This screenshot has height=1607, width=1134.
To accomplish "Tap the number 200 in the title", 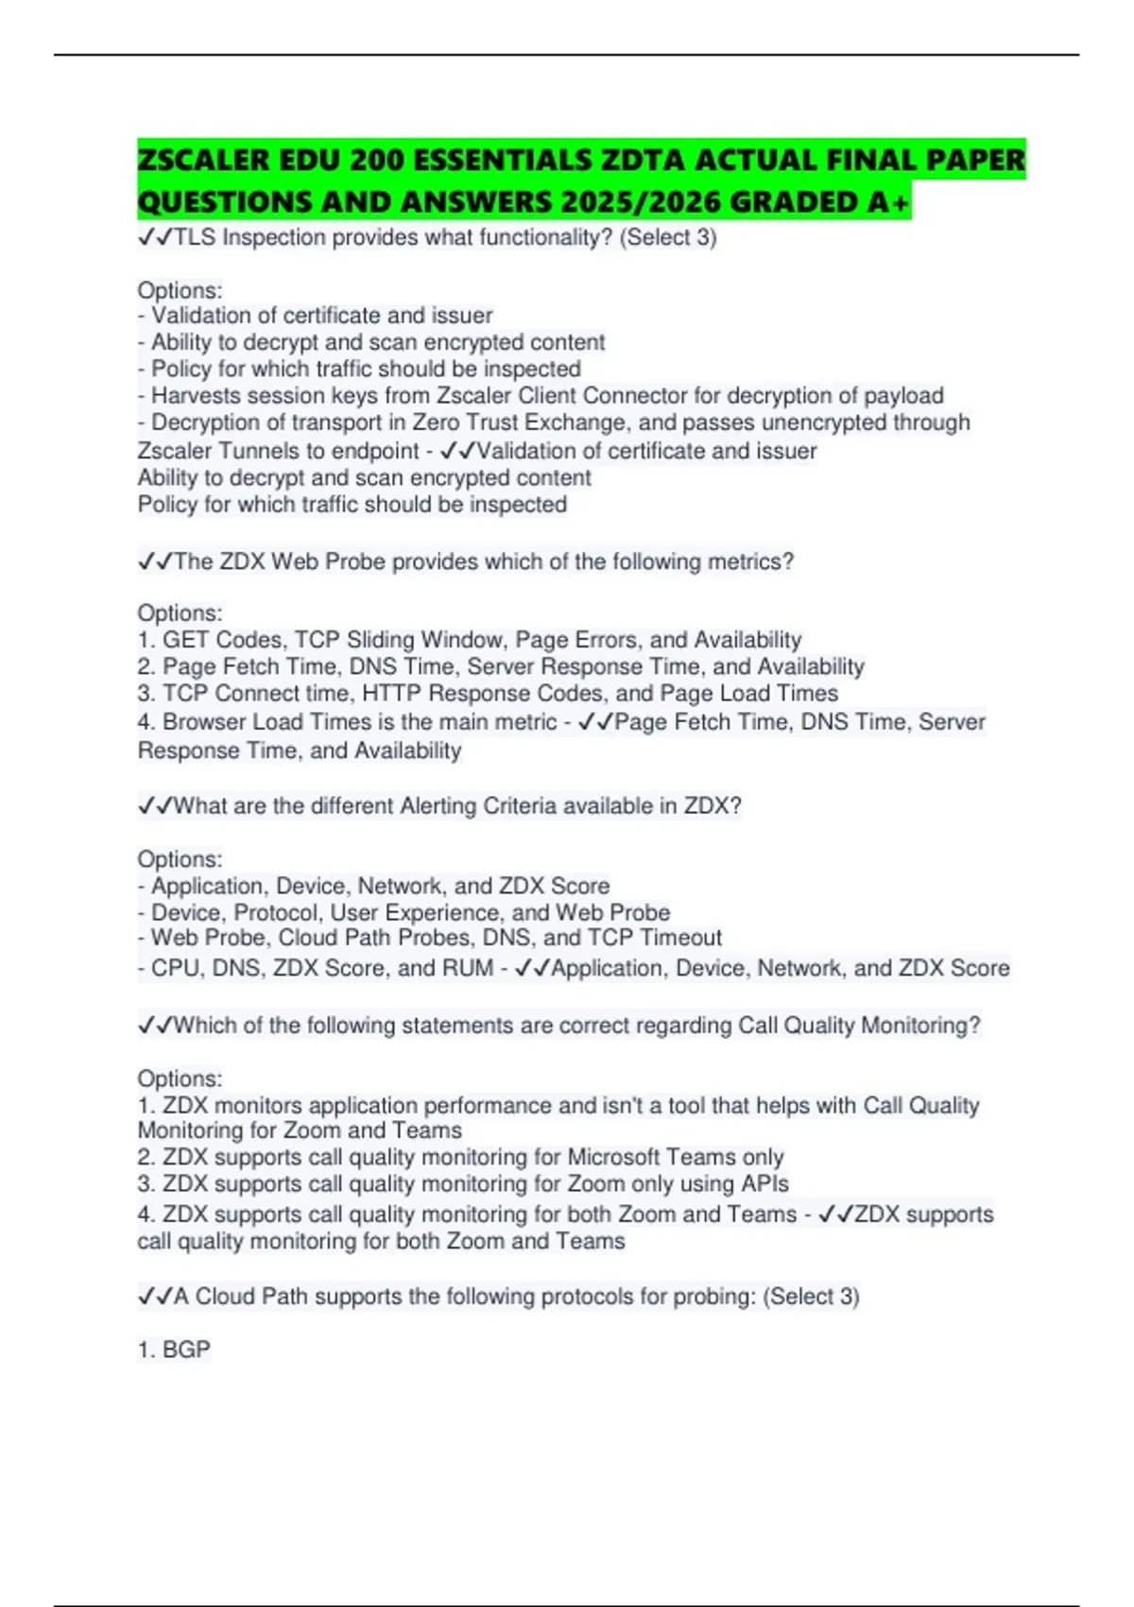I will click(x=377, y=160).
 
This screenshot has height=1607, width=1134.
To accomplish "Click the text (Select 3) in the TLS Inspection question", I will click(x=668, y=237).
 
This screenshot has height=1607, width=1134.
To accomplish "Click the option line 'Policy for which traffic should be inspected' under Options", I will click(x=366, y=369).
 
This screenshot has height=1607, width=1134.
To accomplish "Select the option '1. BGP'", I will click(x=174, y=1350).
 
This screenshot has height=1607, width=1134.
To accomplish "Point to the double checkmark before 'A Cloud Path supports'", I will click(x=155, y=1296).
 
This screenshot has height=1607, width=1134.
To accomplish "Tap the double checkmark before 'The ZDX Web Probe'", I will click(x=155, y=562).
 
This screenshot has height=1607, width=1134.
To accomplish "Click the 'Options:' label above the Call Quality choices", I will click(x=180, y=1079).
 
